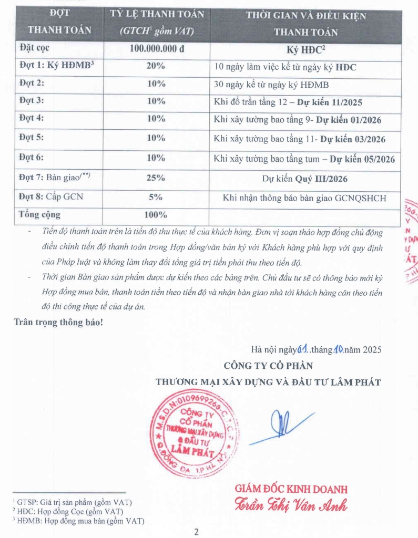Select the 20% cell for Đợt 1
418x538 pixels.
pyautogui.click(x=156, y=67)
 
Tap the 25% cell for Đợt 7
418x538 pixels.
pyautogui.click(x=156, y=178)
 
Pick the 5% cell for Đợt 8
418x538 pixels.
pyautogui.click(x=156, y=197)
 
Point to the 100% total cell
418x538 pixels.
pyautogui.click(x=156, y=215)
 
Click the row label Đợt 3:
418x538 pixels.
pyautogui.click(x=32, y=100)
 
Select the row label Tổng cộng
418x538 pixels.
pyautogui.click(x=39, y=214)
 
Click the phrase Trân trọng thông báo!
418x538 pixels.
pyautogui.click(x=58, y=322)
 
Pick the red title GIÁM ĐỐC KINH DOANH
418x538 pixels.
pyautogui.click(x=291, y=489)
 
